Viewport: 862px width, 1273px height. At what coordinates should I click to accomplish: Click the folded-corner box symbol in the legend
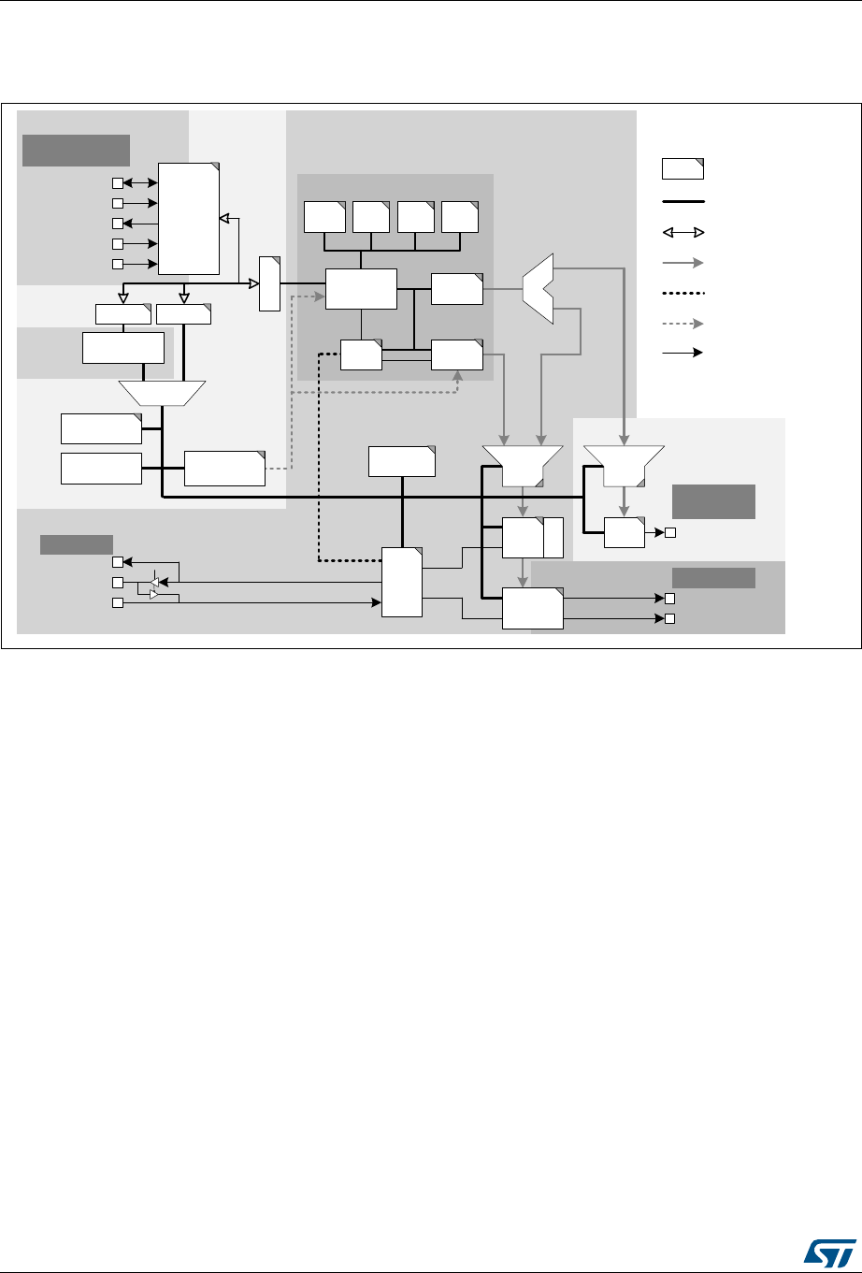682,169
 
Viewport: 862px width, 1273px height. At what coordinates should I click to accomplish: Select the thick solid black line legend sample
682,200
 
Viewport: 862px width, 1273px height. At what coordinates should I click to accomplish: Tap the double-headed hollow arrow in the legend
682,231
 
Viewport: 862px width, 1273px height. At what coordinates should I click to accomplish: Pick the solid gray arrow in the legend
682,263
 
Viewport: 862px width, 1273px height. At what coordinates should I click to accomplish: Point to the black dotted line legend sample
682,293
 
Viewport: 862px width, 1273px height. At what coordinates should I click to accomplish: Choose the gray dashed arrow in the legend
682,323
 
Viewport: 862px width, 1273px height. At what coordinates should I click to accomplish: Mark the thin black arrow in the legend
682,353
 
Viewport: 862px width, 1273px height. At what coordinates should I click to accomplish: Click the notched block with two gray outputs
538,284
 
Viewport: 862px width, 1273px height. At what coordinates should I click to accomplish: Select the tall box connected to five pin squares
189,218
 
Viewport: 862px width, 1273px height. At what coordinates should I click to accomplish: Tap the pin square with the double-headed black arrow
118,182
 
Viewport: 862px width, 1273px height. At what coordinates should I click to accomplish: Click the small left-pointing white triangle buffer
155,583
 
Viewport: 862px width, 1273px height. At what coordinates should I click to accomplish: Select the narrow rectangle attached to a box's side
553,538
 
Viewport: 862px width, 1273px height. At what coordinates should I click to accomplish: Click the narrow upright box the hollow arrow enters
269,283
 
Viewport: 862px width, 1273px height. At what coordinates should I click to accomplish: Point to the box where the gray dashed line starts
224,469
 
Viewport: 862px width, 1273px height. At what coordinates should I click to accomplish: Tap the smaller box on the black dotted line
361,355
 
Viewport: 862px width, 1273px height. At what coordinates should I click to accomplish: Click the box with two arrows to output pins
532,608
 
